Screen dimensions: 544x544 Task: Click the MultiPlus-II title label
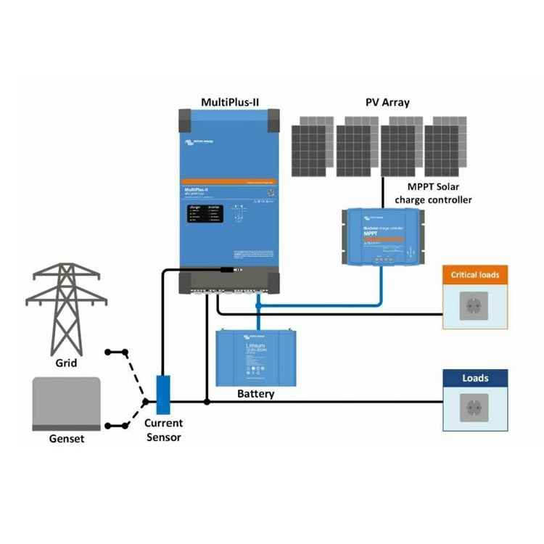(229, 102)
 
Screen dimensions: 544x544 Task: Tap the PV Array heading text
(387, 102)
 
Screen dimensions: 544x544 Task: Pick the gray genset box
(66, 403)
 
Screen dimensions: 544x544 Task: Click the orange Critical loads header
(475, 275)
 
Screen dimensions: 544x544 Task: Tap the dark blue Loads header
(475, 378)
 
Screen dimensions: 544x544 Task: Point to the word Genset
(66, 438)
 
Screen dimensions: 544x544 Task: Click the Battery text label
(256, 394)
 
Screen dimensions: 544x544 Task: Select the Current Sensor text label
(163, 429)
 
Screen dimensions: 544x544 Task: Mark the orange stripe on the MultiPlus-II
(229, 181)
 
